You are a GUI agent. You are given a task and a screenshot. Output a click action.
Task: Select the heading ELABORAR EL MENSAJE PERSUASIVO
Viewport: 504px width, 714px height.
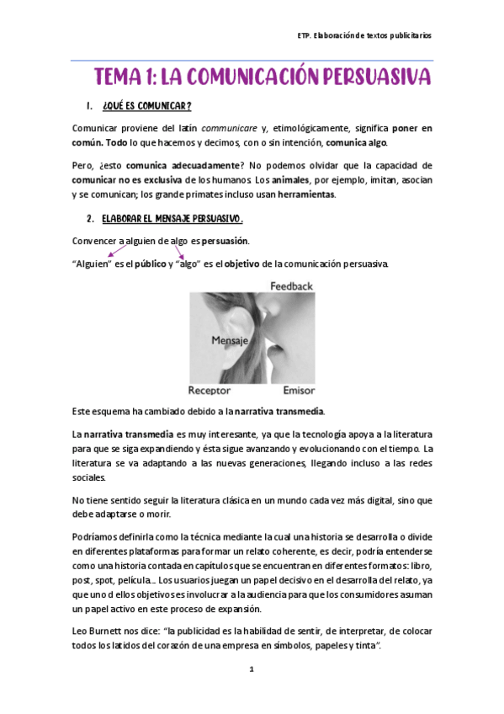[172, 220]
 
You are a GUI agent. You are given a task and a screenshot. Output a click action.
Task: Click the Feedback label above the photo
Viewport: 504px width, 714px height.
[291, 286]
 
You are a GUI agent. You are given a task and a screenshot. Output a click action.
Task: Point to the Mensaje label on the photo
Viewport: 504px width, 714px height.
[230, 342]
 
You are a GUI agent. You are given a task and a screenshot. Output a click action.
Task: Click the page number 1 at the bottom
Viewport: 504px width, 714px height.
[251, 669]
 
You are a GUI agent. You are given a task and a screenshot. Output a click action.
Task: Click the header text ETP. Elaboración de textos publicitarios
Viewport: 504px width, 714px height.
[365, 36]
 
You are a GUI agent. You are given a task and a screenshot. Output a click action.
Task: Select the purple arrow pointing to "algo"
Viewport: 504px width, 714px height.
[180, 248]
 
